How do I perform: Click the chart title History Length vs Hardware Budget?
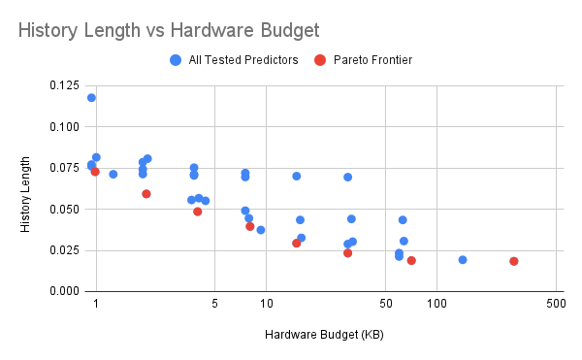click(x=168, y=31)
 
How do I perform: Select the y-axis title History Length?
click(x=26, y=194)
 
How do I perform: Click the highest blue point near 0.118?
click(x=91, y=98)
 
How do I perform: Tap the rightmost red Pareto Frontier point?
click(x=514, y=261)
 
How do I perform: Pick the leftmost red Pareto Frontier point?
click(x=95, y=172)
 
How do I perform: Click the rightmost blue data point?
click(x=463, y=260)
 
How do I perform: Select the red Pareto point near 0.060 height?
click(x=146, y=194)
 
